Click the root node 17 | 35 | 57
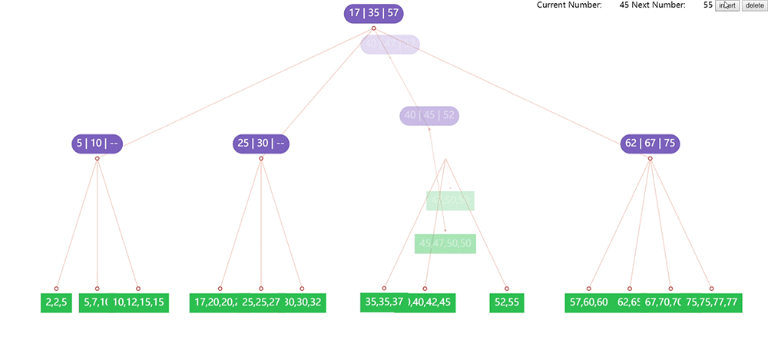[373, 13]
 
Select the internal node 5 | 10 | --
[98, 144]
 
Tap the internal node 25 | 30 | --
[261, 144]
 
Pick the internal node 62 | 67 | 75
[650, 144]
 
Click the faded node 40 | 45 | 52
[429, 115]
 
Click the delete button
[753, 5]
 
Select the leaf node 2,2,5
[56, 302]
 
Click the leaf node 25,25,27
[261, 302]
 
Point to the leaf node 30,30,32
[304, 302]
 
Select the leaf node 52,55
[506, 302]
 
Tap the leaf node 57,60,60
[588, 302]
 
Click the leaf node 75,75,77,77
[712, 302]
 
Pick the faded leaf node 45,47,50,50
[445, 243]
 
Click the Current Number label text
[568, 5]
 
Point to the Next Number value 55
[707, 5]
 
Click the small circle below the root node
[373, 28]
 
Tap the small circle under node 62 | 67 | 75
[650, 159]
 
